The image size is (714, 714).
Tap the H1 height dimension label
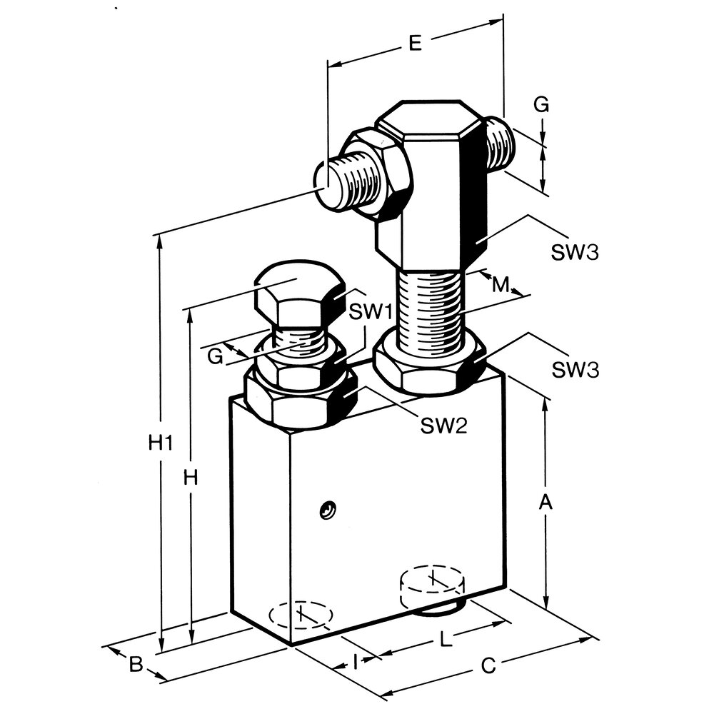click(x=161, y=442)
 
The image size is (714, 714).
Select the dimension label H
click(x=191, y=478)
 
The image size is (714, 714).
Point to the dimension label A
click(x=545, y=502)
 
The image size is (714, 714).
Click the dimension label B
click(x=136, y=664)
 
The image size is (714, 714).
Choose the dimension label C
click(x=488, y=665)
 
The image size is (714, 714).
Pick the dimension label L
click(x=447, y=640)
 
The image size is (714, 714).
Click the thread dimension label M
click(x=501, y=285)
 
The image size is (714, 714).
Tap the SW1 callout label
click(x=371, y=312)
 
